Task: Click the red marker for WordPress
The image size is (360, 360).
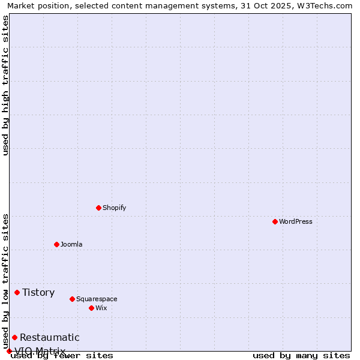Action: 275,221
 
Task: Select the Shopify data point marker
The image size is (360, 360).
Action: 98,208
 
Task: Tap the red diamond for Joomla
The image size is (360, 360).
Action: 56,244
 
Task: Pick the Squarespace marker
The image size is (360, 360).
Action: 72,299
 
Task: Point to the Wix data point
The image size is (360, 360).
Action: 91,308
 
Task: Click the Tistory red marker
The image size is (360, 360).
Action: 17,292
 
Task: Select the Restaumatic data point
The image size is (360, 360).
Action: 14,337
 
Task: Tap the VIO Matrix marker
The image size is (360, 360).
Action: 9,351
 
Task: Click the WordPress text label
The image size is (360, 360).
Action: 296,221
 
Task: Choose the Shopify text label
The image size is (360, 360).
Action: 114,208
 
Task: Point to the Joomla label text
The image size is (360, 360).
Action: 71,244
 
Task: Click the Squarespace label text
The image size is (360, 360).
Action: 97,299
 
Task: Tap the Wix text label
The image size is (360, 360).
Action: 101,308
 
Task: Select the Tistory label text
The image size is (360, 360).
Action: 38,292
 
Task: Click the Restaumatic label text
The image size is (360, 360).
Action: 49,337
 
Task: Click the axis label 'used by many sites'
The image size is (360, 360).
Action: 301,356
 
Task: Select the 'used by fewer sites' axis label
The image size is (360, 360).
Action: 62,356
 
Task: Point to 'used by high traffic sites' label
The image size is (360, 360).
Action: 5,85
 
